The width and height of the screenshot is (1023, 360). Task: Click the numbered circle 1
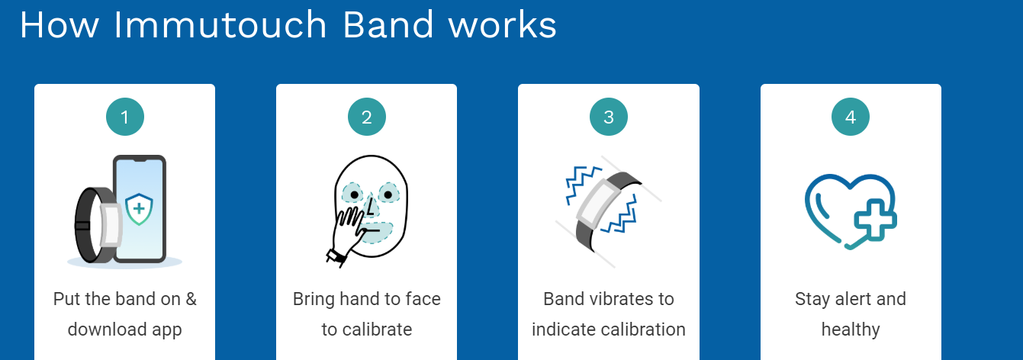(x=124, y=117)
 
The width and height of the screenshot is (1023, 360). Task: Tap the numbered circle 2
(x=367, y=117)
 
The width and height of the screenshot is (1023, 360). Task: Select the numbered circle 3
(x=609, y=117)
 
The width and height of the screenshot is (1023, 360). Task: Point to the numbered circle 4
(x=851, y=117)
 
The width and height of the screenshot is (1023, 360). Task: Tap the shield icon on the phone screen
(x=139, y=209)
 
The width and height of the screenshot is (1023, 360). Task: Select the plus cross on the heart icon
(x=875, y=220)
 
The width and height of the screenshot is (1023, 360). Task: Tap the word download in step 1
(x=107, y=329)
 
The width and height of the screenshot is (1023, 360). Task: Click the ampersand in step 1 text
(x=191, y=299)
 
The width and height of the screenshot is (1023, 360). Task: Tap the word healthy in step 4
(x=851, y=329)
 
